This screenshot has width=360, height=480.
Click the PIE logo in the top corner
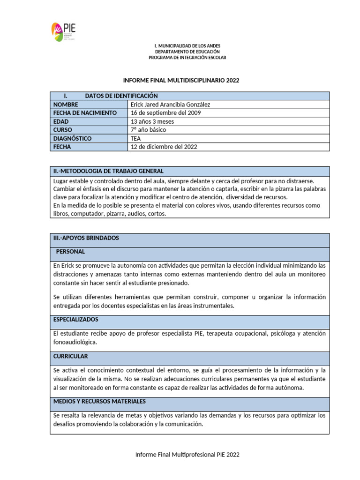(63, 31)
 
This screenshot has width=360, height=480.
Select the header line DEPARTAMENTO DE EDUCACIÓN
(187, 52)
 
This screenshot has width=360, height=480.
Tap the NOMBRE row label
(66, 105)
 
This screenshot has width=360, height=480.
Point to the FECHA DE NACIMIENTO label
(85, 113)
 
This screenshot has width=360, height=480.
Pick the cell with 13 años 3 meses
(152, 121)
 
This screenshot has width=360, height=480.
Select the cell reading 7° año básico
(148, 130)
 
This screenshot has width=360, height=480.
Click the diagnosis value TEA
(135, 138)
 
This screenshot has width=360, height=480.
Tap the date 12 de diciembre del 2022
(164, 147)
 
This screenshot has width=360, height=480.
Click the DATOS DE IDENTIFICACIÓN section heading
(121, 96)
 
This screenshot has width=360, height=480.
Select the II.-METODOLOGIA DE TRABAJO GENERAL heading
(108, 171)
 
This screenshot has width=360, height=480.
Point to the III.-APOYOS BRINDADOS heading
(86, 238)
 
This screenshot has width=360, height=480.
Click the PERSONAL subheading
(70, 252)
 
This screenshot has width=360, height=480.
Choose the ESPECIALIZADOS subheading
(76, 319)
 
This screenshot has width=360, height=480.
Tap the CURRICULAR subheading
(71, 357)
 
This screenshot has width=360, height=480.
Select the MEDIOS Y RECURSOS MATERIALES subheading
(99, 402)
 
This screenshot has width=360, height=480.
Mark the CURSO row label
(63, 130)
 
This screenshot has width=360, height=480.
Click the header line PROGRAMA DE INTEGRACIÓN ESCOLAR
(187, 58)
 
